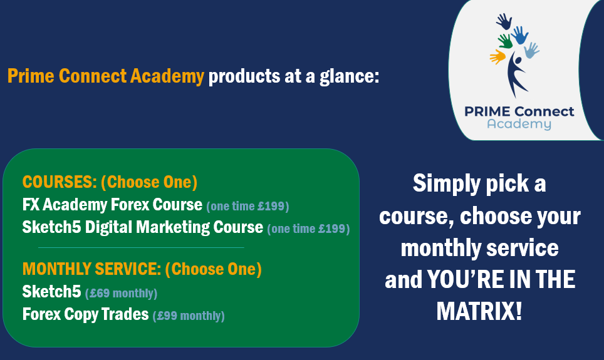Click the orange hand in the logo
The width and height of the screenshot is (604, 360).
point(497,56)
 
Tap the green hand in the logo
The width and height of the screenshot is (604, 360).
point(505,41)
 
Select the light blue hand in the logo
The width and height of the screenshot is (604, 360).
point(531,50)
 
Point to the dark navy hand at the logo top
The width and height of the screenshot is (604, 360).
point(504,21)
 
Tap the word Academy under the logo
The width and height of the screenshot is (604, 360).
point(519,125)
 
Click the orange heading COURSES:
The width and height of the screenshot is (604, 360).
point(60,182)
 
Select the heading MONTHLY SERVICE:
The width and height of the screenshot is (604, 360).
point(91,269)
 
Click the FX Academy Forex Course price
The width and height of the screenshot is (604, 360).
point(247,207)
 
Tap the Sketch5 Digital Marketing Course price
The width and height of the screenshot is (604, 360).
point(308,229)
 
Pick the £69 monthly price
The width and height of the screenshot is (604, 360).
point(121,294)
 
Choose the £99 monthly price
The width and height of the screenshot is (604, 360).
point(189,316)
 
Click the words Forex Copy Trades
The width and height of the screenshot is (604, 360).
point(85,314)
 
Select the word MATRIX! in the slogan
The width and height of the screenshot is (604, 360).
point(479,311)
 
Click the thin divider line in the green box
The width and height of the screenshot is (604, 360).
point(141,247)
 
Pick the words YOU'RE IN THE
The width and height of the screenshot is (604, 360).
point(501,279)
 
